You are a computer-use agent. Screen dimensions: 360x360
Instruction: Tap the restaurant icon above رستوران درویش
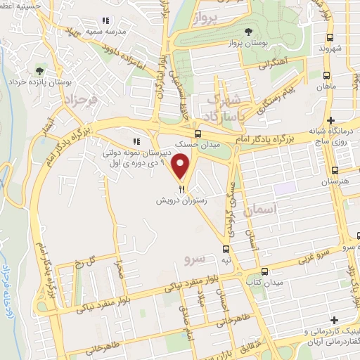(x=183, y=188)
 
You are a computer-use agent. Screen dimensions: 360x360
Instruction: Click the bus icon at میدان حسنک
(x=198, y=134)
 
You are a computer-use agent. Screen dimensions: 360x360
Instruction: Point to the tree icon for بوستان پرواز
(x=250, y=31)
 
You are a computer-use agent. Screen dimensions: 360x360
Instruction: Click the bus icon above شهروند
(x=328, y=37)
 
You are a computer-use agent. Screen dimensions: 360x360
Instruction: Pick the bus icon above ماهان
(x=328, y=75)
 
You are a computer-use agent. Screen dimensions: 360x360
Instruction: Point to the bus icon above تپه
(x=226, y=249)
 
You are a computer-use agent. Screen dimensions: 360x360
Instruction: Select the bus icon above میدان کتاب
(x=264, y=271)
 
